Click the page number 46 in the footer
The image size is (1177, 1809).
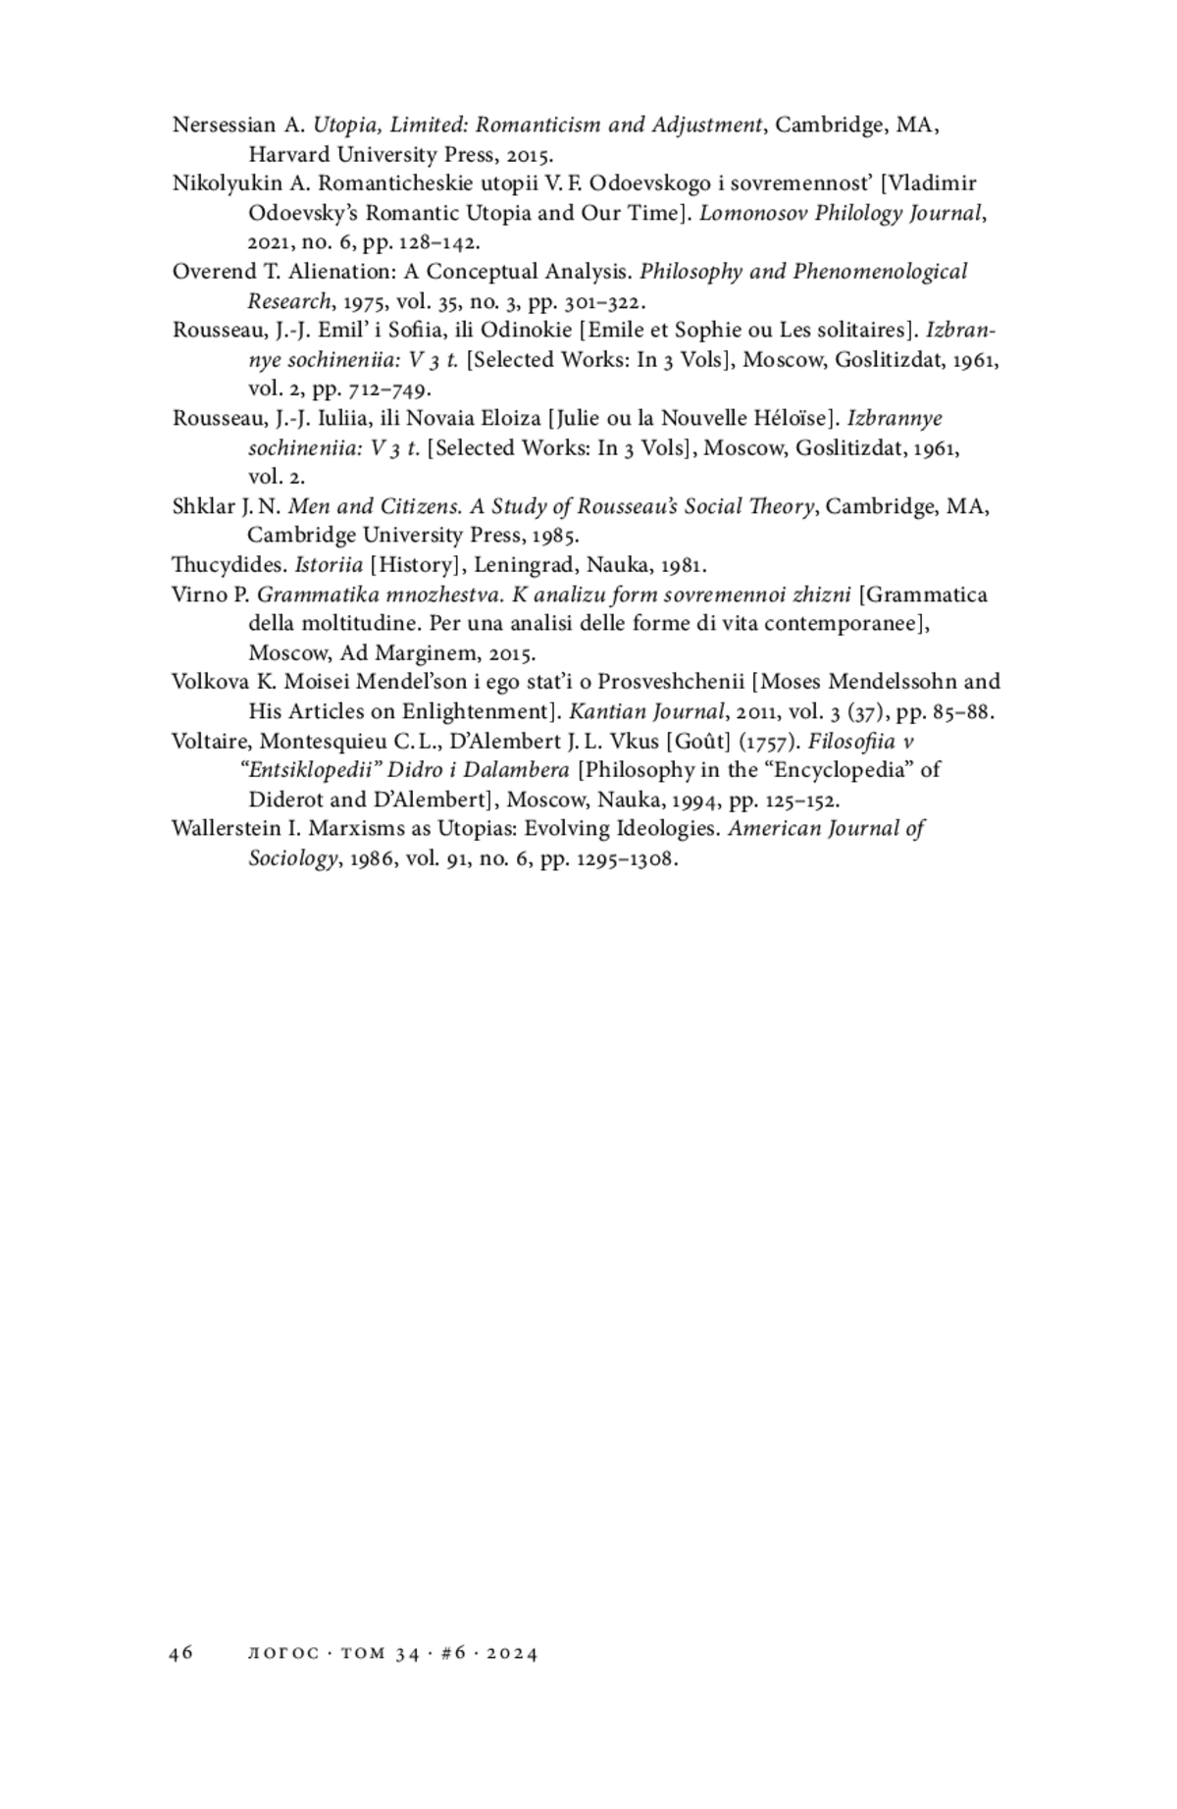point(180,1653)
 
